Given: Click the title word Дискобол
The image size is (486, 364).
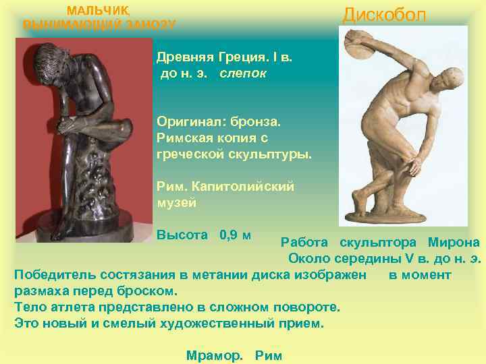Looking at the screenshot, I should click(x=384, y=15).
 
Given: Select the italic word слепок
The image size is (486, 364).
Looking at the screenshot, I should click(x=243, y=73).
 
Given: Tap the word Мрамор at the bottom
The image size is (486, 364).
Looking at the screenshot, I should click(x=213, y=356).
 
